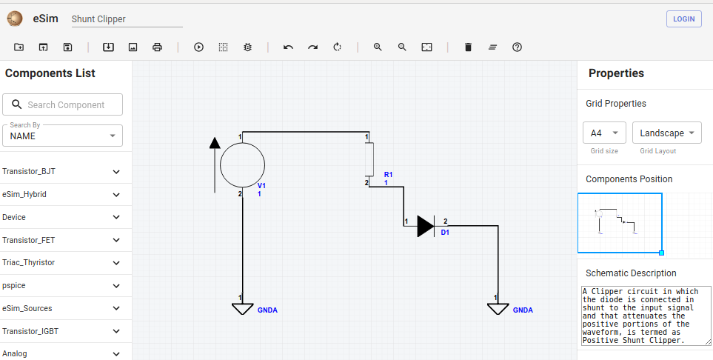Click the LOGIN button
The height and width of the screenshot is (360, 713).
tap(683, 19)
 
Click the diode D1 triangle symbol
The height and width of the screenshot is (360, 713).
tap(426, 226)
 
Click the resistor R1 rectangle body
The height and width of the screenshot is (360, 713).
tap(369, 159)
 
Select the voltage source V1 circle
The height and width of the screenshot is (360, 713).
tap(242, 164)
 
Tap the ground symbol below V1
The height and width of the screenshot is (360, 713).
tap(242, 309)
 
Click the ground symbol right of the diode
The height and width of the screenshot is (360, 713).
tap(498, 309)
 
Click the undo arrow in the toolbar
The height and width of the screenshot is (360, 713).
tap(288, 47)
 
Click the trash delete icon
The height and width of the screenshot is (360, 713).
tap(468, 47)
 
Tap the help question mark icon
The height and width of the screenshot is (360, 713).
tap(517, 47)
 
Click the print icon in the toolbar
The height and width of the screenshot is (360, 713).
tap(157, 47)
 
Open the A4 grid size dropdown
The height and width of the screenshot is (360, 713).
tap(604, 133)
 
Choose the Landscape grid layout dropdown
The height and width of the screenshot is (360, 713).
tap(666, 133)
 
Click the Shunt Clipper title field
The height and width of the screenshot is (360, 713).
tap(127, 19)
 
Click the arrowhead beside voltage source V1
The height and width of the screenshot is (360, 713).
tap(215, 143)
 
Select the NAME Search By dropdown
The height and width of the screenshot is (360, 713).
tap(62, 136)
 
